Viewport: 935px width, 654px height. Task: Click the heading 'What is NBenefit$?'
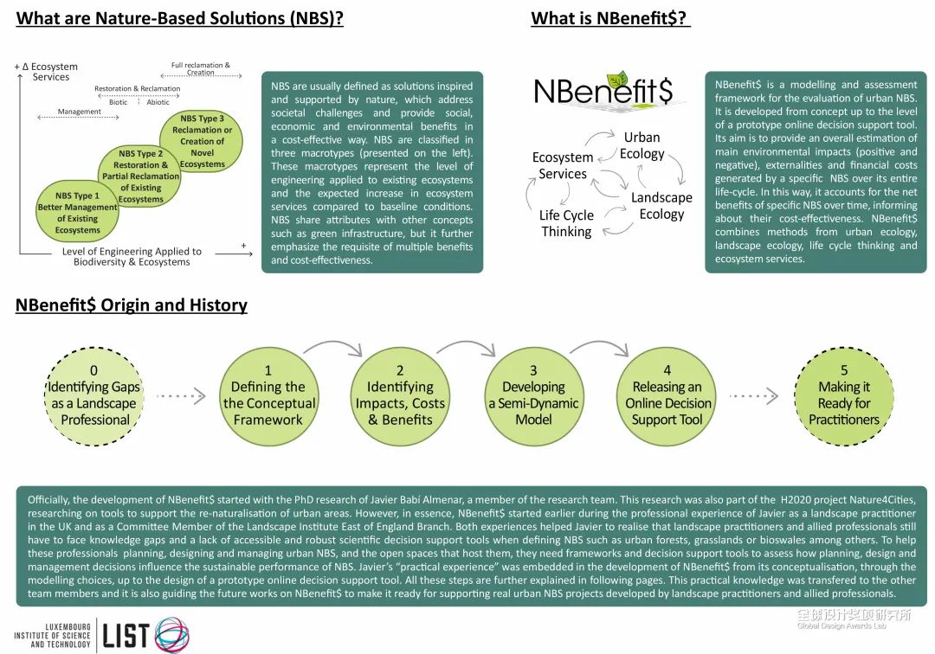point(610,18)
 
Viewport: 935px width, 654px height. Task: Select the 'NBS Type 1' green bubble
point(78,211)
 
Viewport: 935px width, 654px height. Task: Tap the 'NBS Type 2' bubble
point(140,176)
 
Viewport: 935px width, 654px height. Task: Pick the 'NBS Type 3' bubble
point(202,140)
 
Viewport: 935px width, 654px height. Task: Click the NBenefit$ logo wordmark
point(609,92)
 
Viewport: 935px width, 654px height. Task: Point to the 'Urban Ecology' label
point(642,145)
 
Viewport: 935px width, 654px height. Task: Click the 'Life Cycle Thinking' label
point(566,223)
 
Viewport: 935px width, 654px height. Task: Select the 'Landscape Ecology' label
point(661,206)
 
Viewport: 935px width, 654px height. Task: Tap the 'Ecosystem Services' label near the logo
point(563,165)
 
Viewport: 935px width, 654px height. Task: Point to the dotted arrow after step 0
point(179,397)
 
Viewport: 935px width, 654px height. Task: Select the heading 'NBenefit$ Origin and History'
point(132,305)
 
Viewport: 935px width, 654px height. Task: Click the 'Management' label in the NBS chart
point(80,112)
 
